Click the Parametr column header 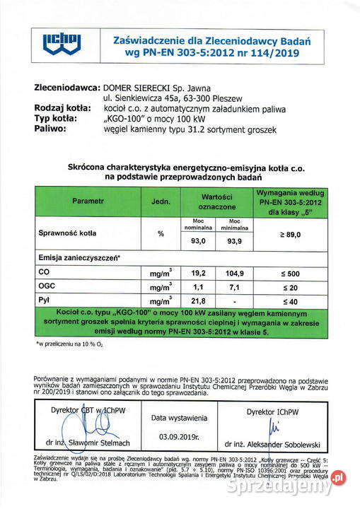[87, 201]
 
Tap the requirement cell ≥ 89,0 [290, 233]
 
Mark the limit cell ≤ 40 [290, 302]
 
